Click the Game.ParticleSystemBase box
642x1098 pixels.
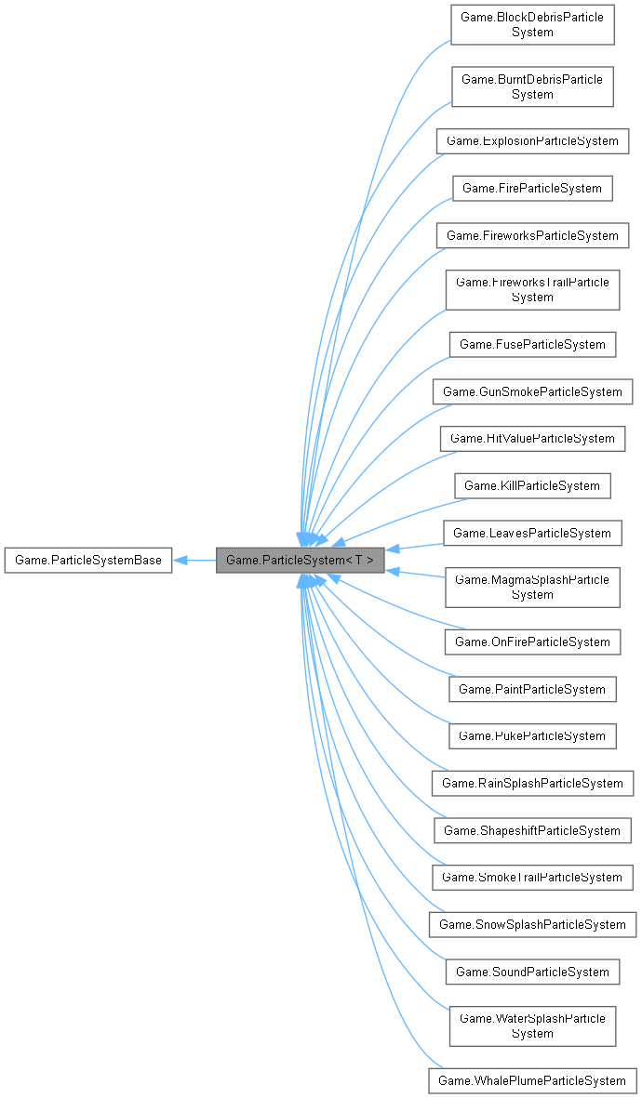click(88, 561)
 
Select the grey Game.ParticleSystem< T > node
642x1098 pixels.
click(301, 561)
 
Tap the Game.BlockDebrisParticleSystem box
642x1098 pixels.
click(532, 25)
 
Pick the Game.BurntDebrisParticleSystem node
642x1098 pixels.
click(532, 86)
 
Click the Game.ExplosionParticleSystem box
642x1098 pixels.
click(532, 141)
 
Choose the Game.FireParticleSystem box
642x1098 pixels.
click(532, 189)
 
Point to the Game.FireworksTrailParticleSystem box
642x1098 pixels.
click(532, 289)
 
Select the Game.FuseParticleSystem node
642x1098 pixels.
click(532, 345)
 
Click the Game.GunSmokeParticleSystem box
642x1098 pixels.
click(532, 392)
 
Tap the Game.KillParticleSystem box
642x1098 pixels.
click(532, 485)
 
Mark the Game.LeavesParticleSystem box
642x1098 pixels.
click(532, 534)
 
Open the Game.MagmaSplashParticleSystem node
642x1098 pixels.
click(532, 588)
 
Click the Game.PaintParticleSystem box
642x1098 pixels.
click(532, 690)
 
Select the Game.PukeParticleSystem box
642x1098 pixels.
click(532, 736)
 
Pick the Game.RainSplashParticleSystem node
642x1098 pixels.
click(532, 784)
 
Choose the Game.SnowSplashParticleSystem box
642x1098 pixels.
click(532, 925)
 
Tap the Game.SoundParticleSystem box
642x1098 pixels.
click(532, 972)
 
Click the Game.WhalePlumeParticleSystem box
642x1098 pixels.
click(532, 1081)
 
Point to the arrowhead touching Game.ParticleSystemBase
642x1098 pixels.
click(181, 561)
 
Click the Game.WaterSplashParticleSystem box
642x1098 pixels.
click(532, 1026)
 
